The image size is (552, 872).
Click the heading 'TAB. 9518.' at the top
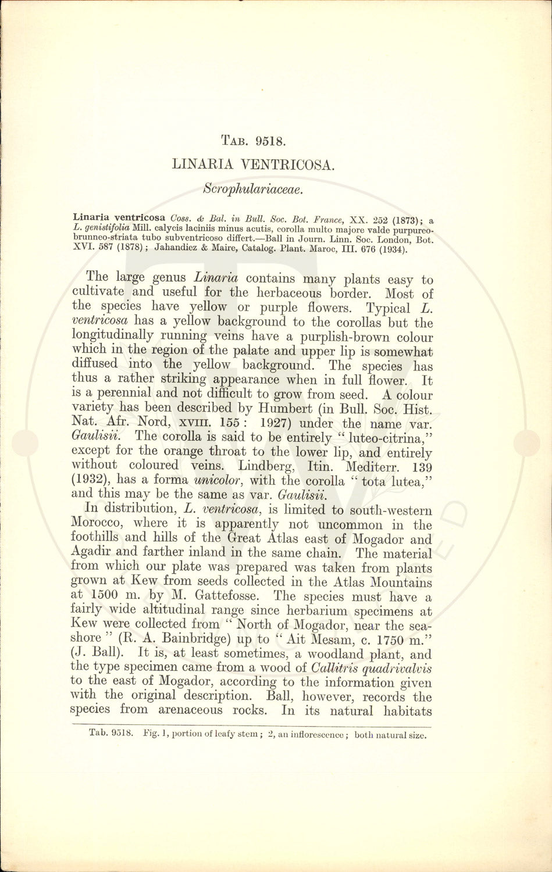[x=252, y=140]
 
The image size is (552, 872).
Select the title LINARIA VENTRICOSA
[x=253, y=165]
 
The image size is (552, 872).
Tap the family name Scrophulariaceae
[x=252, y=188]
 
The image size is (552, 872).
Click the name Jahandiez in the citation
[x=179, y=249]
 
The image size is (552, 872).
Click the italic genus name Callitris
[x=334, y=667]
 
